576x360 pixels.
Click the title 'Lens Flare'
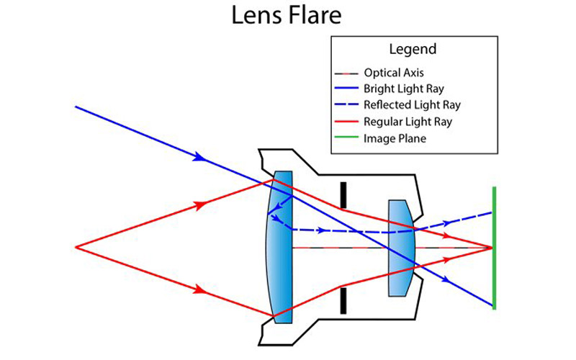point(288,16)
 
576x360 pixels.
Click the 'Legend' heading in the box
point(412,50)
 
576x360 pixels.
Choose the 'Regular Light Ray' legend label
point(408,122)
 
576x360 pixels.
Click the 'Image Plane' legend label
point(395,138)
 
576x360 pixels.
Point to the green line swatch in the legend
point(348,138)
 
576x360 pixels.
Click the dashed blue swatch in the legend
point(348,105)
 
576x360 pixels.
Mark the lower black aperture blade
point(343,300)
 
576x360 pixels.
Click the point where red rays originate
point(76,247)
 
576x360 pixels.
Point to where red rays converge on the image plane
point(492,247)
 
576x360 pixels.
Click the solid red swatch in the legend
point(348,122)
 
